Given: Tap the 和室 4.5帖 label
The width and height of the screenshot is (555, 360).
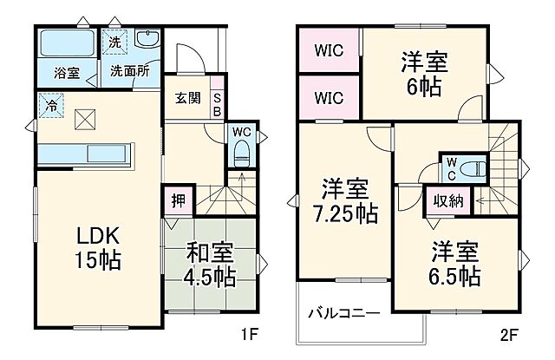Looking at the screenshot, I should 211,265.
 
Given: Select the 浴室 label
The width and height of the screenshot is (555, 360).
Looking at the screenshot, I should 68,73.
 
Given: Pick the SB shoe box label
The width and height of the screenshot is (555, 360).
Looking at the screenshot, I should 217,104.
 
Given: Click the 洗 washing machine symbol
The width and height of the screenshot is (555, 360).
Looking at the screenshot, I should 114,41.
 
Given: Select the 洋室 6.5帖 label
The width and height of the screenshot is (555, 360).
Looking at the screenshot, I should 455,265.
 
